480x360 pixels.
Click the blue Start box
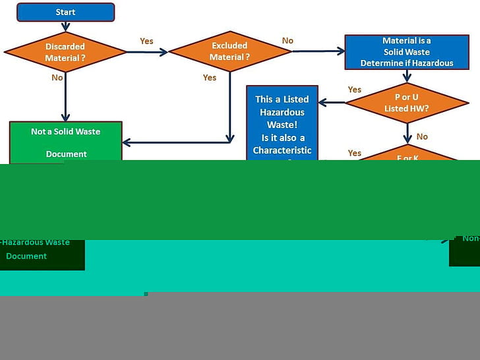tap(65, 12)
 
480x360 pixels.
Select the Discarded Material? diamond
tap(65, 51)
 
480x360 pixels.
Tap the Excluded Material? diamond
tap(229, 51)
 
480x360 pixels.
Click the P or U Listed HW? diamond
tap(407, 102)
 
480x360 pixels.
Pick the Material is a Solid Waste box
tap(407, 51)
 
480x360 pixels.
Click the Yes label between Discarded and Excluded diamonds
tap(146, 41)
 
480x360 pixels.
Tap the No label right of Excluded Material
tap(287, 41)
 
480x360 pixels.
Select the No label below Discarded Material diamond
tap(57, 78)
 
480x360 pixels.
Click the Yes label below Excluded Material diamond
tap(210, 78)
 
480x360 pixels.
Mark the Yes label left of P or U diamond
tap(355, 90)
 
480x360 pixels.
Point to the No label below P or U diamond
tap(422, 136)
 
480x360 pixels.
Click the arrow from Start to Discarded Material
tap(65, 26)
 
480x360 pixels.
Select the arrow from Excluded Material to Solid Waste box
tap(319, 51)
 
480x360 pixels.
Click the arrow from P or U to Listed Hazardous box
tap(332, 102)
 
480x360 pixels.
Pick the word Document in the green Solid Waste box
tap(66, 154)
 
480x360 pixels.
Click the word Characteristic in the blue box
tap(282, 150)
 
